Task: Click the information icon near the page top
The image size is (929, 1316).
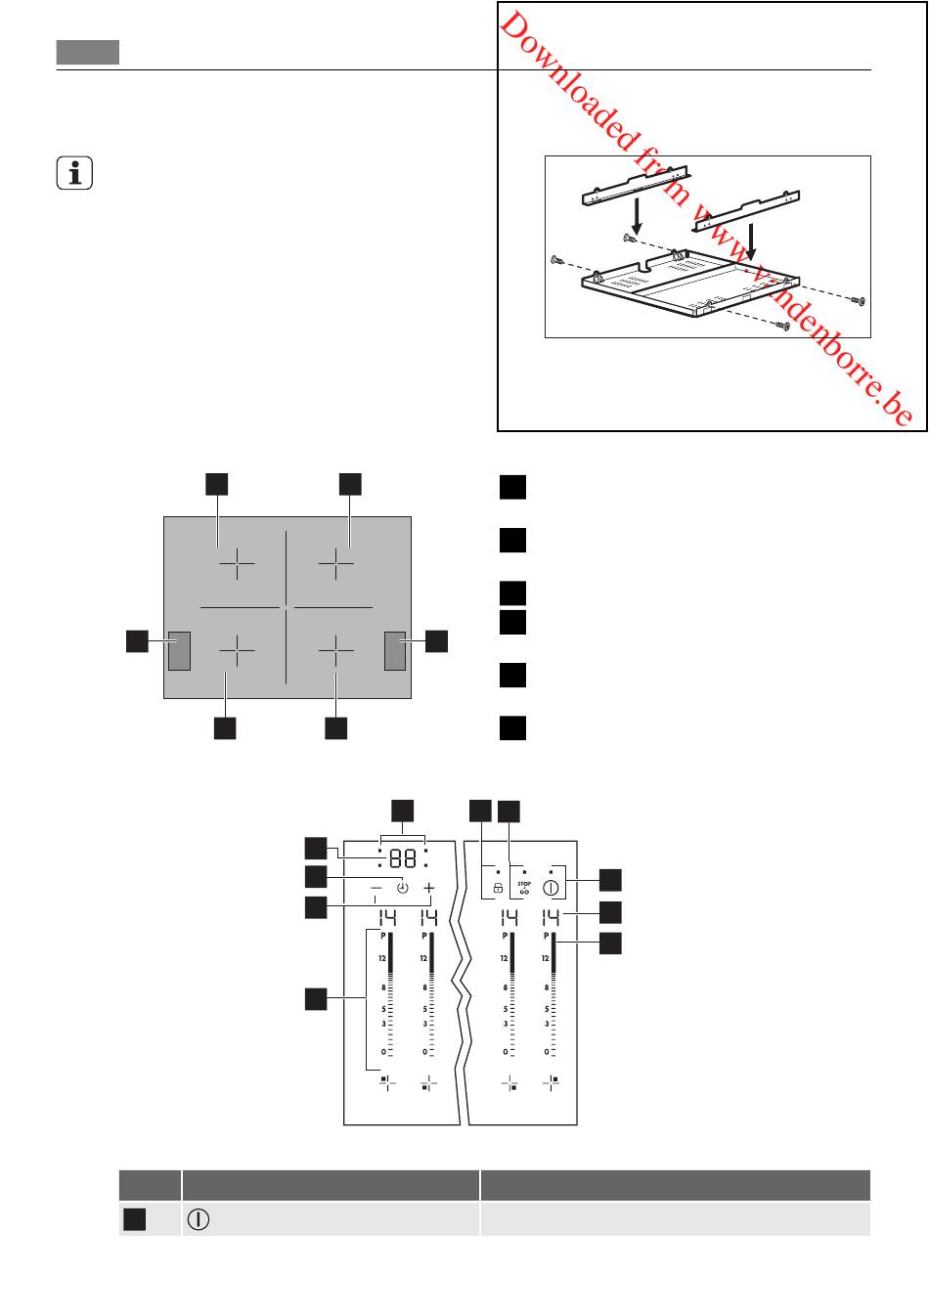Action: click(x=74, y=173)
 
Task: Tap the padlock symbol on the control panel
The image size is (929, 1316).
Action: click(x=498, y=888)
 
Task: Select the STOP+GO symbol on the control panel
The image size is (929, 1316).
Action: click(x=523, y=887)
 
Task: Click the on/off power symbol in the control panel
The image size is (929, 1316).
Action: click(x=551, y=888)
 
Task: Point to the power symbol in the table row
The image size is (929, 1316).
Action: click(x=198, y=1219)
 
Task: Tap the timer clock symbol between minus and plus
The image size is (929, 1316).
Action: click(x=403, y=888)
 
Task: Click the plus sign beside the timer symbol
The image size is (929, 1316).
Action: click(x=429, y=888)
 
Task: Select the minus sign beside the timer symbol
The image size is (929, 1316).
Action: click(x=376, y=888)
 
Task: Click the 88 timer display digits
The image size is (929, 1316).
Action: click(x=403, y=859)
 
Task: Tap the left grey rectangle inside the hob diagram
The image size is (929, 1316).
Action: click(x=179, y=651)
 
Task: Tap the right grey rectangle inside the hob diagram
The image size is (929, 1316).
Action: click(x=395, y=651)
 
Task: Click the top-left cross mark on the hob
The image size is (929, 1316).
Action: click(x=237, y=563)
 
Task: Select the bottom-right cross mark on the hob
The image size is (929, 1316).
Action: click(x=335, y=650)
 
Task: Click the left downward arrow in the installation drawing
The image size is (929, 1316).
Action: click(x=637, y=220)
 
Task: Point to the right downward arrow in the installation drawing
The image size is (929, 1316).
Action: click(x=750, y=242)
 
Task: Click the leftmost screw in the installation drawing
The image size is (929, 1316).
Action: click(x=556, y=260)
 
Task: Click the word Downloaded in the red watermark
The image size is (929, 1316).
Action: click(x=567, y=80)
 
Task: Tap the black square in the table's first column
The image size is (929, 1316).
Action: click(x=134, y=1219)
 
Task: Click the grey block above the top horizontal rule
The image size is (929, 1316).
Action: click(x=88, y=52)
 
